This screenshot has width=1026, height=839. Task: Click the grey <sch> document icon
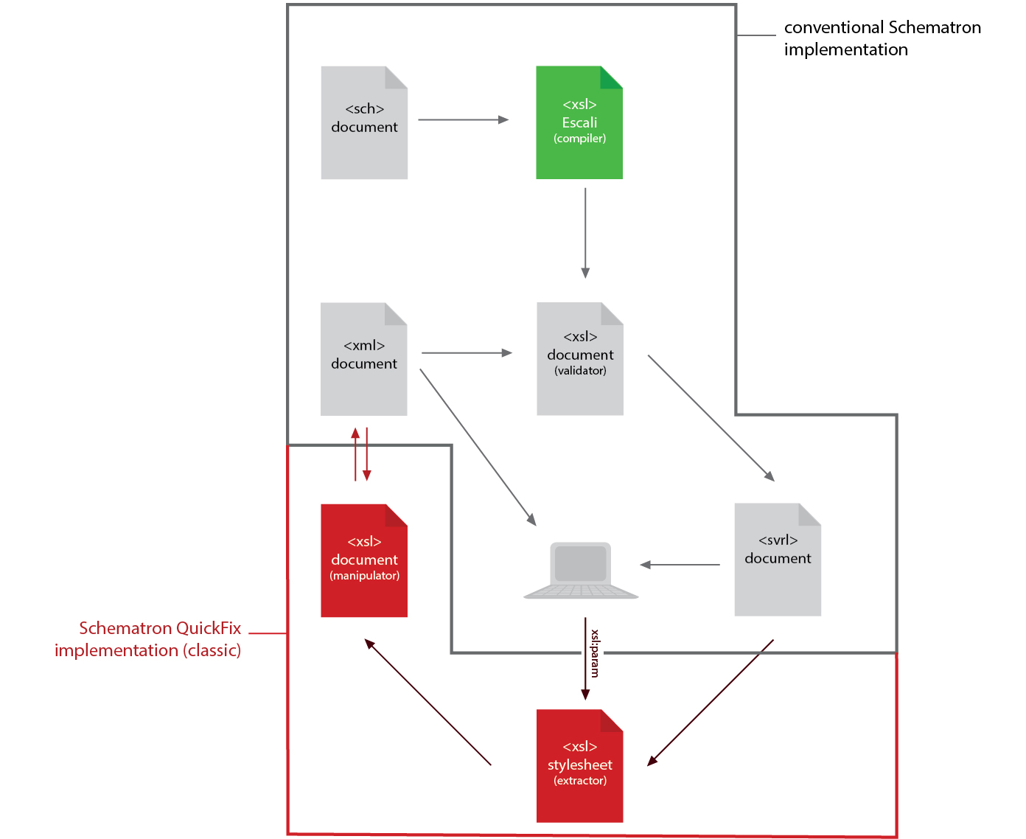364,123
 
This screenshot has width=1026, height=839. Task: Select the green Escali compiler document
579,123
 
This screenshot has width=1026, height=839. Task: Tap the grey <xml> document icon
364,360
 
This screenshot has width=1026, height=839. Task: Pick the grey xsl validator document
580,360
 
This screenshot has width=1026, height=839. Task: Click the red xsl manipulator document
364,561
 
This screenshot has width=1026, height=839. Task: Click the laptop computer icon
581,571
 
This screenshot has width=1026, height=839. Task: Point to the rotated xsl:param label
595,653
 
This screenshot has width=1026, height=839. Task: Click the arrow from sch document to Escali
463,119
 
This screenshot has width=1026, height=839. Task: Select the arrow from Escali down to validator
585,232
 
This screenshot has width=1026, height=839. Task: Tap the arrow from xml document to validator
466,353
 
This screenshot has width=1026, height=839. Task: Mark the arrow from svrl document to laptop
680,565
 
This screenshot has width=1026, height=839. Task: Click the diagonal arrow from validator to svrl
711,417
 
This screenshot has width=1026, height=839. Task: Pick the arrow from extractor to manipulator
428,702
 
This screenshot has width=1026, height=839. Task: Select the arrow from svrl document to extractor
711,702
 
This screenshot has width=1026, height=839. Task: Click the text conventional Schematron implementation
882,38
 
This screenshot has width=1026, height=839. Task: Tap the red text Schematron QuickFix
160,628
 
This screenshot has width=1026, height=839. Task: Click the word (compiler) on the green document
580,139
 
